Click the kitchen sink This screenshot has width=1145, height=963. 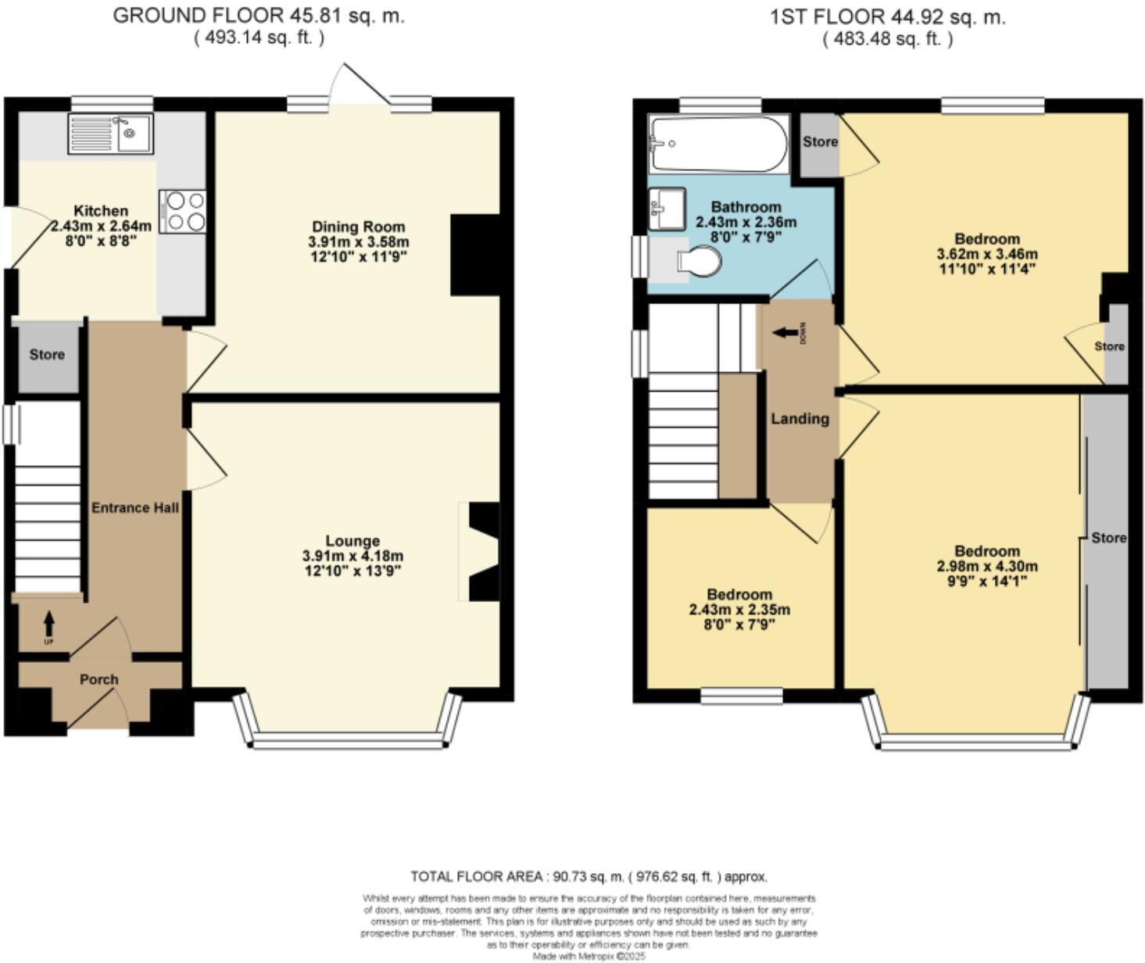pos(110,133)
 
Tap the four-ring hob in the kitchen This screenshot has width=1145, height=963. pos(182,212)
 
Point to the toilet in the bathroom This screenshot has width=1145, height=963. pos(698,262)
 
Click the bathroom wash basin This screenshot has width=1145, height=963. pos(666,209)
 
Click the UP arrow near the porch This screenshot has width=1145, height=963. pos(49,625)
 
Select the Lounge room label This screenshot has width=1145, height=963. pos(352,541)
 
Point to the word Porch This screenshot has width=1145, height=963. pos(99,679)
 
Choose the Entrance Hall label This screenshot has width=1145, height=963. pos(135,507)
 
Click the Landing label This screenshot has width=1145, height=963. pos(800,419)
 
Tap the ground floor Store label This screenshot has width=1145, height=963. pos(47,355)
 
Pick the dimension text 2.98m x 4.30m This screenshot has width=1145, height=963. pos(987,566)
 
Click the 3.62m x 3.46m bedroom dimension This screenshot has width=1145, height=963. pos(987,254)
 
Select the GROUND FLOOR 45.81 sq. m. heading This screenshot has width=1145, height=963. pos(259,16)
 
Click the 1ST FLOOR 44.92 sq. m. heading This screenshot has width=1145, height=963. pos(888,16)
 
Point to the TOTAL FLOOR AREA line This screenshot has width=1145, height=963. pos(589,876)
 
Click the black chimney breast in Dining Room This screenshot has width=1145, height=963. pos(474,255)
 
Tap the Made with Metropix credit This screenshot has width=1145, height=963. pos(589,956)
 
